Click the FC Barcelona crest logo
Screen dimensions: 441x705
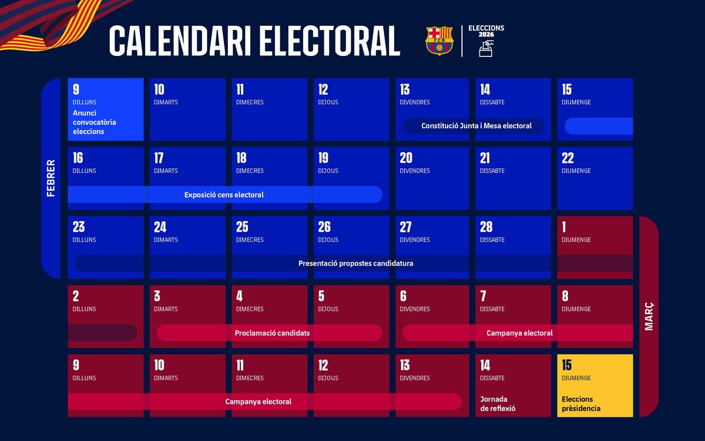point(439,41)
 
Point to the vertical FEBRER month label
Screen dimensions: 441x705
point(51,178)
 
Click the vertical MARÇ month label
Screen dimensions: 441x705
point(649,316)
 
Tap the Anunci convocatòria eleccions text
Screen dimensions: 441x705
point(95,122)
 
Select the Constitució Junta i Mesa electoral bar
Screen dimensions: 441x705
point(476,126)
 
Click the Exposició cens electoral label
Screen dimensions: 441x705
point(224,195)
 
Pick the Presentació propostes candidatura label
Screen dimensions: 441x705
point(355,263)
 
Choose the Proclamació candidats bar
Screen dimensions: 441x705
point(272,333)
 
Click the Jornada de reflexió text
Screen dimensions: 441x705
point(498,404)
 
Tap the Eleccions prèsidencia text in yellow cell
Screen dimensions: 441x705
point(581,404)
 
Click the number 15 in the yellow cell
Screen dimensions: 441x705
point(567,365)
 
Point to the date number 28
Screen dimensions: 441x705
point(486,227)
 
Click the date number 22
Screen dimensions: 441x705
point(568,158)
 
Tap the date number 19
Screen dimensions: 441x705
point(323,158)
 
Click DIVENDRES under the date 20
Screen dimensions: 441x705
point(415,171)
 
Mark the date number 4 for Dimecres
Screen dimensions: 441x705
point(239,296)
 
